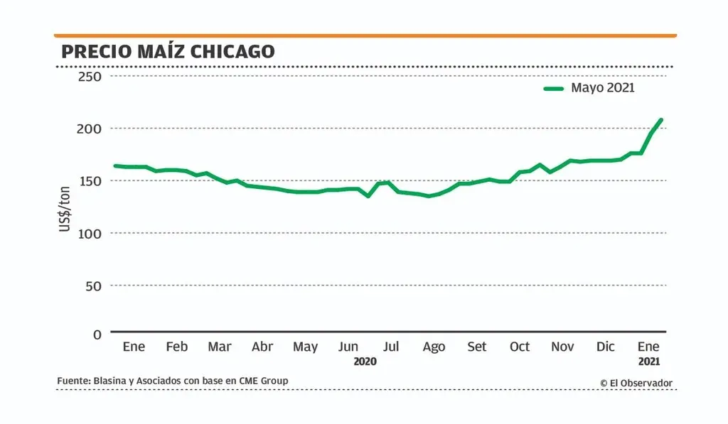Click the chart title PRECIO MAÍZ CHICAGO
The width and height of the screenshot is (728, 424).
coord(168,52)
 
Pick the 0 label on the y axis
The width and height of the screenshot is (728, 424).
coord(97,334)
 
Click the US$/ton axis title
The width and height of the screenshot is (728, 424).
coord(65,207)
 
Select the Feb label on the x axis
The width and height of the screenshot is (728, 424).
coord(177,347)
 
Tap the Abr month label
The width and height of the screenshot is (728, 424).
coord(262,347)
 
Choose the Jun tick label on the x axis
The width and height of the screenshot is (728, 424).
coord(348,347)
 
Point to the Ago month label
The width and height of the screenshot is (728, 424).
coord(434,347)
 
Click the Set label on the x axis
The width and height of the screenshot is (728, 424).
coord(477,347)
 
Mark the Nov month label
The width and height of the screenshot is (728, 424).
coord(563,347)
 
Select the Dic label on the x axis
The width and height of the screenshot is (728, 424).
coord(606,347)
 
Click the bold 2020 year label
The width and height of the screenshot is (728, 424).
coord(365,362)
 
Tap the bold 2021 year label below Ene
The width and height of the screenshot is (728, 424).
coord(649,362)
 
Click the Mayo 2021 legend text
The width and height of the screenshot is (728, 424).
coord(603,88)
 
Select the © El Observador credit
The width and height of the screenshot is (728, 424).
coord(636,383)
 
